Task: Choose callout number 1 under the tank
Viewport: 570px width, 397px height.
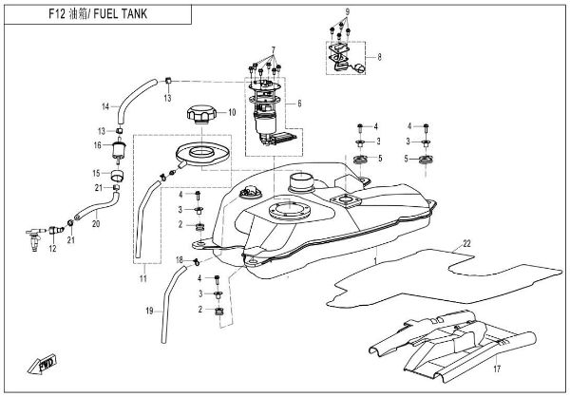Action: (375, 259)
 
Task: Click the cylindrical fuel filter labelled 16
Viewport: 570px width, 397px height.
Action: (120, 150)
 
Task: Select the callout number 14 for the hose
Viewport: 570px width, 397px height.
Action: (106, 104)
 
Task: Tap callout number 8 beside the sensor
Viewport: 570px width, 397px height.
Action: (382, 57)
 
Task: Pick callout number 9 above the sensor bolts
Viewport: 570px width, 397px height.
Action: (348, 10)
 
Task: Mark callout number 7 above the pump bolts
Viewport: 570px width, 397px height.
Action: (272, 48)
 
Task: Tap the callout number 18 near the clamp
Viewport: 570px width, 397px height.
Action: (179, 259)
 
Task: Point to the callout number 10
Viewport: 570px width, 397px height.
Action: (231, 112)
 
